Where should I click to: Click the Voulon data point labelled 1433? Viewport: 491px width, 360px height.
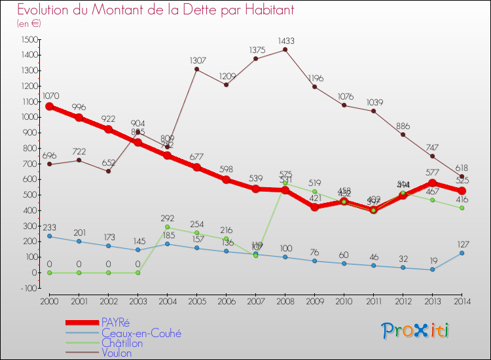(285, 50)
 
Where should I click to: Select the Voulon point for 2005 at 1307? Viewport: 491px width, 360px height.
(196, 69)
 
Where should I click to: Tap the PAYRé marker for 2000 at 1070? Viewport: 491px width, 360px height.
(49, 106)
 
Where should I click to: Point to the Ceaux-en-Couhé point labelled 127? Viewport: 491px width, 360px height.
(462, 253)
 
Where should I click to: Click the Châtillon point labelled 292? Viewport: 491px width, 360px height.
(167, 227)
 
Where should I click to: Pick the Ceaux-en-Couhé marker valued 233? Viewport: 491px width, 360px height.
(49, 236)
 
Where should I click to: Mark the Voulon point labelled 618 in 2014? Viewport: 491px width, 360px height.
(462, 177)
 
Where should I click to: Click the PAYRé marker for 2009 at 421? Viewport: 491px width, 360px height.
(314, 207)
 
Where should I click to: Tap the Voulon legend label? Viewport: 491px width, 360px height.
(116, 353)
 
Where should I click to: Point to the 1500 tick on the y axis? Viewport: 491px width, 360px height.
(29, 39)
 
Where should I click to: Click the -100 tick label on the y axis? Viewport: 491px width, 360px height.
(28, 288)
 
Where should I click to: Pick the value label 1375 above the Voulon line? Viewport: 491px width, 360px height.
(257, 50)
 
